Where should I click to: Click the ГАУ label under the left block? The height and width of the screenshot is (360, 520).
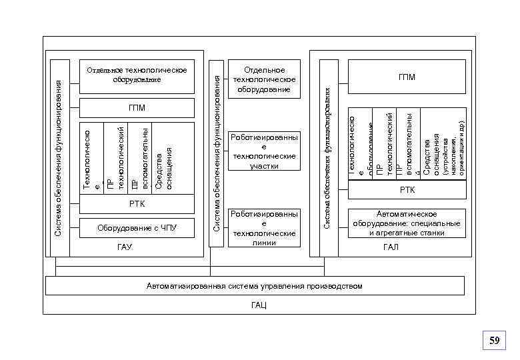click(125, 247)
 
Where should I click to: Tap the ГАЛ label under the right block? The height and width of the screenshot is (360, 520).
click(390, 247)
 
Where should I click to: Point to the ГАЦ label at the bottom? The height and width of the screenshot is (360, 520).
click(259, 304)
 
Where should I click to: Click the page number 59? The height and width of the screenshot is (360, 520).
click(494, 341)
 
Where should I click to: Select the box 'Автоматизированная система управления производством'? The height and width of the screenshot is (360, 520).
click(254, 286)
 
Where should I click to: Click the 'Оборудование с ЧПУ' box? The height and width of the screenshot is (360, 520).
click(137, 228)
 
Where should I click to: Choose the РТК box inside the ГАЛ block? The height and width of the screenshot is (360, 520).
click(407, 190)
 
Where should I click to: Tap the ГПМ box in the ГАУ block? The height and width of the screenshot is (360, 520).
click(137, 107)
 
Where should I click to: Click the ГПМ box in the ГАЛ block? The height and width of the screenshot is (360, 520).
click(407, 77)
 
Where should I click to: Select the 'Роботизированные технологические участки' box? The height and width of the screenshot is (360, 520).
click(263, 151)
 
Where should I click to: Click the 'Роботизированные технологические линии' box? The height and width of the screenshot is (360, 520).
click(263, 228)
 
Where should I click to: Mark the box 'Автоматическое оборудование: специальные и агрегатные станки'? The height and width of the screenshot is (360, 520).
click(407, 223)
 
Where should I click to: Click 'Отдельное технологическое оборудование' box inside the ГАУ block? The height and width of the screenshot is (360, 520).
click(137, 75)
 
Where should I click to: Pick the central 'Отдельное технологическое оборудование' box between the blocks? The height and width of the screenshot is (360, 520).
click(263, 79)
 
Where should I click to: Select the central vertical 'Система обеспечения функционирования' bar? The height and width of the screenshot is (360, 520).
click(216, 153)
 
